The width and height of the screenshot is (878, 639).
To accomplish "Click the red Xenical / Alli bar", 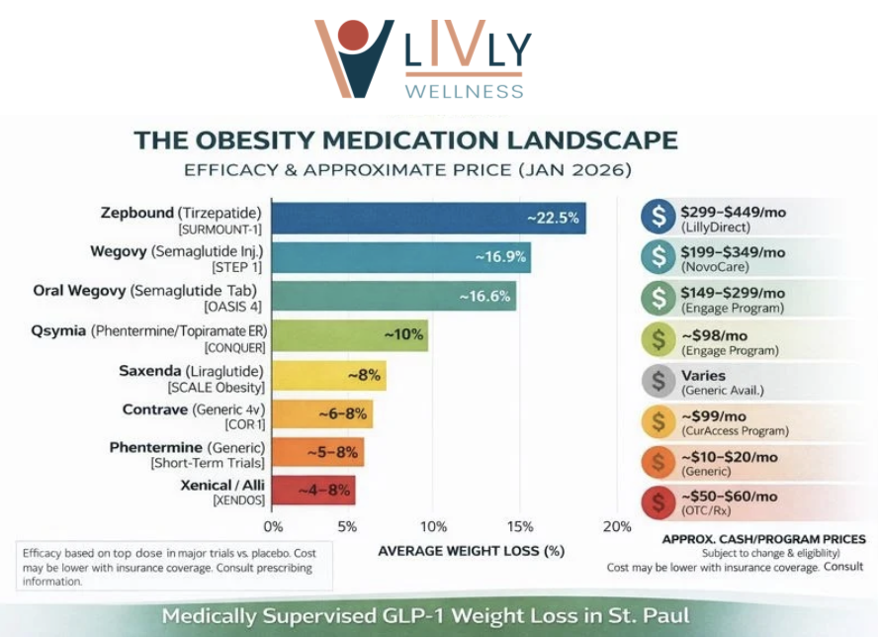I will click(312, 491).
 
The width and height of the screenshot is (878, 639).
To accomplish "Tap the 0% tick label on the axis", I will click(273, 526).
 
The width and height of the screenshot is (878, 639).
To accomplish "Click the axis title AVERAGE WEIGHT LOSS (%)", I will click(471, 551).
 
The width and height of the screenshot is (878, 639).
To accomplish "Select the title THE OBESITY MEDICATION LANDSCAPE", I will click(406, 139).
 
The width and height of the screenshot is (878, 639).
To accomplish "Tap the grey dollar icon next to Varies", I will click(658, 381).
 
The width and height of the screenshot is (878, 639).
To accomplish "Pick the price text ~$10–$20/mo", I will click(730, 457).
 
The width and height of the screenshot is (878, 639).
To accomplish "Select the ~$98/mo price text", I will click(716, 334).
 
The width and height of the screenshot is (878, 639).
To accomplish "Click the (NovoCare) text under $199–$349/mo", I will click(715, 267).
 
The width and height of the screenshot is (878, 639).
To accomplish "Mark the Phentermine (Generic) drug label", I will click(187, 448).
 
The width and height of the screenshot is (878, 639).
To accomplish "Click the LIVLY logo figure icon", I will click(353, 56).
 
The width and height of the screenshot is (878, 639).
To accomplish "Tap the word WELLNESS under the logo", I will click(464, 91).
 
